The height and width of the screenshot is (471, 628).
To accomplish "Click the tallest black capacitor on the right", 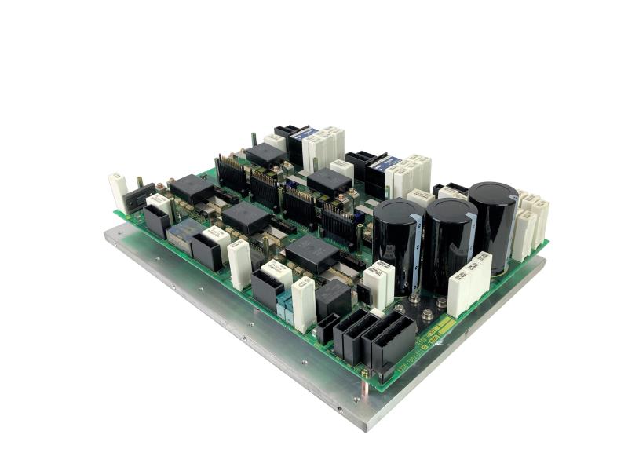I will tap(493, 224).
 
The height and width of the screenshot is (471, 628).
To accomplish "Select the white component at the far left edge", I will tap(118, 192).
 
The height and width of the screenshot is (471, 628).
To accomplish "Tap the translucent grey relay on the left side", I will tap(185, 236).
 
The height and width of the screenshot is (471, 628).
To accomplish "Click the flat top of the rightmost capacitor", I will tap(493, 192).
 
